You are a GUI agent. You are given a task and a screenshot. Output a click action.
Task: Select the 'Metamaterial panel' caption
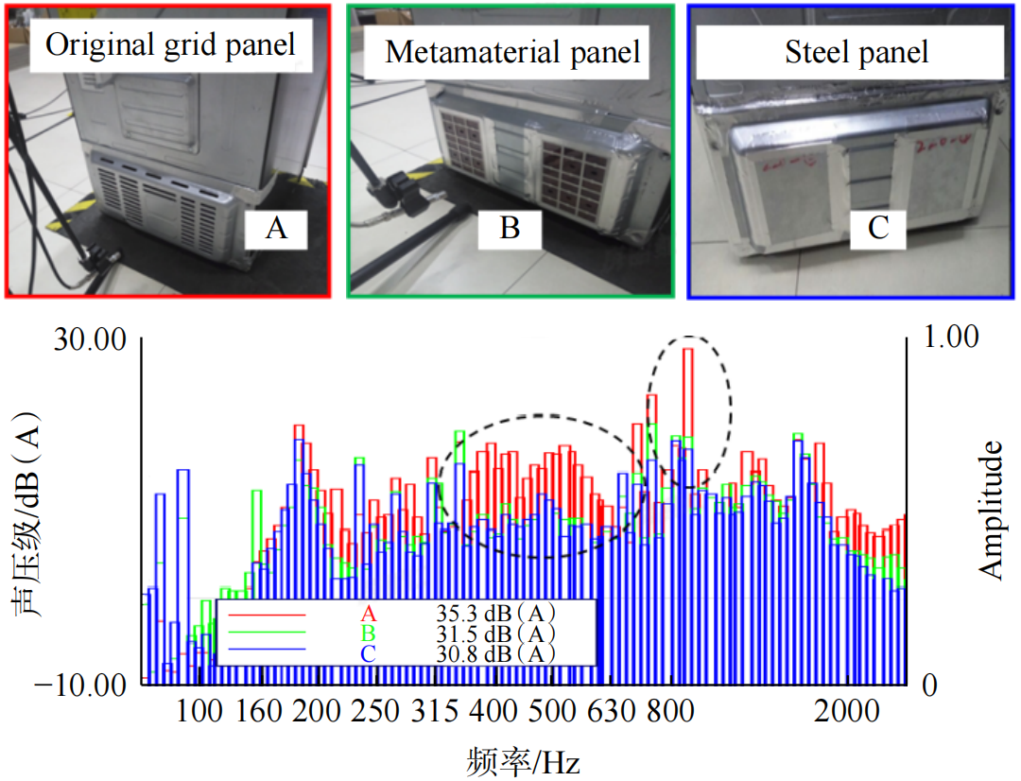[512, 52]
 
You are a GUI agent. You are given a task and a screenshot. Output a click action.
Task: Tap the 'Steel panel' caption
[857, 52]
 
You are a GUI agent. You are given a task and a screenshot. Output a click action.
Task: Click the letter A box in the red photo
[276, 228]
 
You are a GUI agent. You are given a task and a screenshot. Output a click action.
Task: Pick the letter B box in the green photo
[510, 228]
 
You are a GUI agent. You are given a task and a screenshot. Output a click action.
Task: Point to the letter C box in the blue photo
[879, 229]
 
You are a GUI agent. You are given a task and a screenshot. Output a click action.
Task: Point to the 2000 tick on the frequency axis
[846, 711]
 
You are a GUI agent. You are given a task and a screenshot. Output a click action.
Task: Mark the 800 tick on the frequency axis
[672, 711]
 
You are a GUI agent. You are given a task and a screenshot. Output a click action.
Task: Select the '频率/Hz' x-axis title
[523, 760]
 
